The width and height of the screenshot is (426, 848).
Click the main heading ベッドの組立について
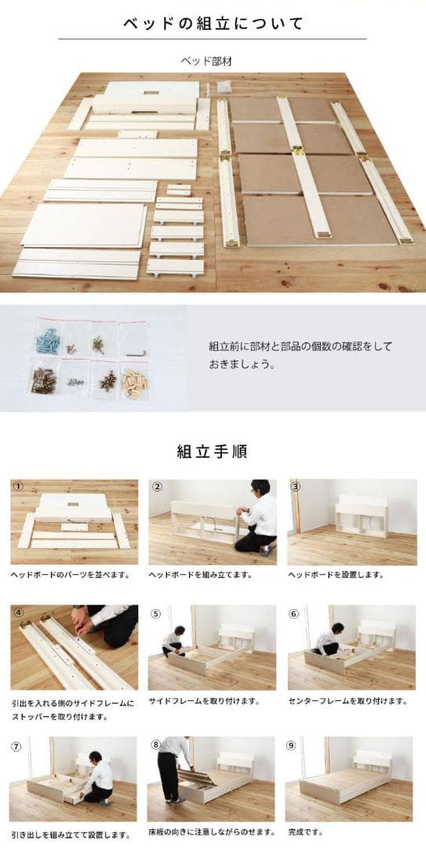click(x=213, y=24)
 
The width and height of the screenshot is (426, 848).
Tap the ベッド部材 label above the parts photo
click(x=206, y=61)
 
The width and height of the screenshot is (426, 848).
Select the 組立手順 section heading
click(x=213, y=451)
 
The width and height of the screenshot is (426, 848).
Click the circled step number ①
click(x=18, y=486)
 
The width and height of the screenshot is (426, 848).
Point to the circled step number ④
click(x=19, y=613)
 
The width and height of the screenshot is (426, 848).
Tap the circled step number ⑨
click(x=291, y=745)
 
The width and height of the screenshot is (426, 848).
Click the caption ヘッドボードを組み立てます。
click(x=201, y=575)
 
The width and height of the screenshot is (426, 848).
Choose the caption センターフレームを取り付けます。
click(x=348, y=701)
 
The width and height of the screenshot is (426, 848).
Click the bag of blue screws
click(x=48, y=340)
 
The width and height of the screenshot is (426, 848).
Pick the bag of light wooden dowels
click(x=135, y=382)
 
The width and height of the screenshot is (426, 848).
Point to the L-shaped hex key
click(x=139, y=353)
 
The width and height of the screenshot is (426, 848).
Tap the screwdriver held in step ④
click(x=79, y=638)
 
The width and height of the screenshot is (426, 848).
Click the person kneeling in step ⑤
click(x=173, y=642)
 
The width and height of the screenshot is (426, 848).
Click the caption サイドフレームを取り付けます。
click(x=204, y=701)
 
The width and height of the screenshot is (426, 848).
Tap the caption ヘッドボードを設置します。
click(x=336, y=575)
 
